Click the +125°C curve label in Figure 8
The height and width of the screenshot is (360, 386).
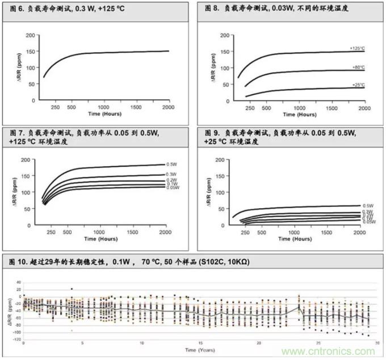[356, 48]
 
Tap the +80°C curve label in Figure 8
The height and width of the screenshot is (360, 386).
[357, 67]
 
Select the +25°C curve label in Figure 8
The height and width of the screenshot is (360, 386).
[357, 84]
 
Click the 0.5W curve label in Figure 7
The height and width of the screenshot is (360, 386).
[170, 164]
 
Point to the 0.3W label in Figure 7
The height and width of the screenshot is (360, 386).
[170, 174]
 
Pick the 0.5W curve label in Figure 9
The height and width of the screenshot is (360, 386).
[366, 205]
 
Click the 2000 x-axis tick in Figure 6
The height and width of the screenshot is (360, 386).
[169, 107]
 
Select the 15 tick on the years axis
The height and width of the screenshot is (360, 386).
[200, 343]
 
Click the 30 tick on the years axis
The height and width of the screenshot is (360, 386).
[376, 343]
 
